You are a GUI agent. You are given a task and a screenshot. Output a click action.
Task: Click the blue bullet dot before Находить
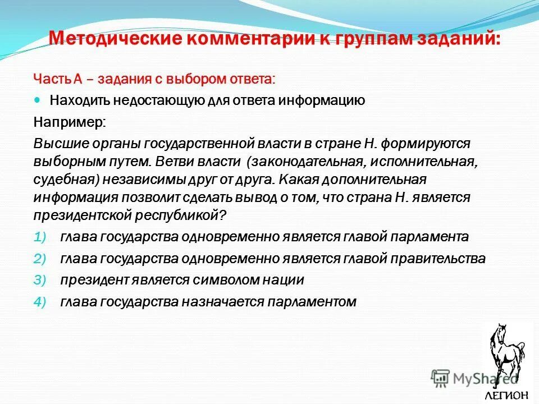[x=38, y=99]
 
